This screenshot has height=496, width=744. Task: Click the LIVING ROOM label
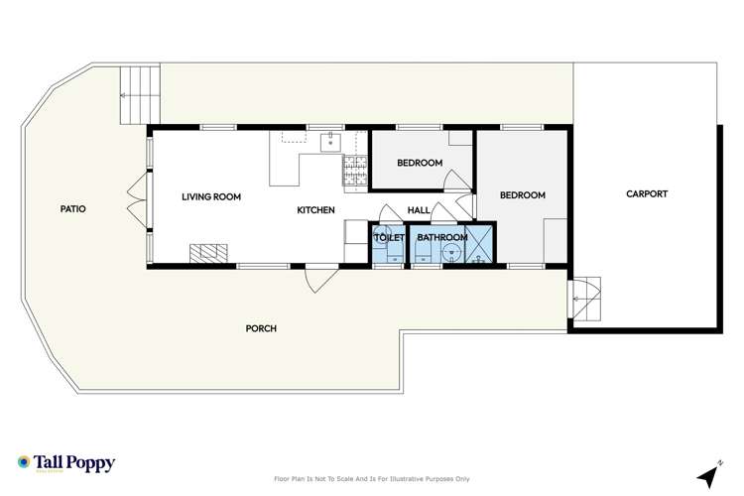(x=211, y=197)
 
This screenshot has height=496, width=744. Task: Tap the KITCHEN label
(x=316, y=210)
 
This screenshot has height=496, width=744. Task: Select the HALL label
(x=419, y=210)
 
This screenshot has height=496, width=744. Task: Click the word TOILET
(x=388, y=238)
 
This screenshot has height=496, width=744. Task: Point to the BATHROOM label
(x=441, y=238)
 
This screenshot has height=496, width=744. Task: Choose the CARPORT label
(x=647, y=194)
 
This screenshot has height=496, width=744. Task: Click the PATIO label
(x=72, y=209)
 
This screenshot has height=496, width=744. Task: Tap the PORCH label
(x=261, y=328)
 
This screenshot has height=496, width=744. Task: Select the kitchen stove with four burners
(x=354, y=172)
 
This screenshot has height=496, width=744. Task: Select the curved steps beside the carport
(x=585, y=298)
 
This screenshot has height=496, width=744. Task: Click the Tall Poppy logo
(x=66, y=463)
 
